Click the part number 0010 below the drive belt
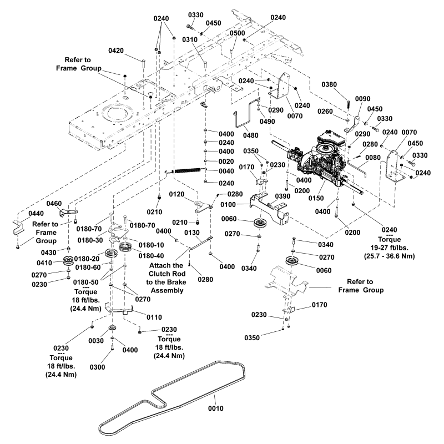coord(215,409)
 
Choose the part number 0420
coord(116,51)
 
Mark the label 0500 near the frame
coord(237,34)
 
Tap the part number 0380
coord(329,85)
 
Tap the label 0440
coord(23,213)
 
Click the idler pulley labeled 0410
coord(69,261)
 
